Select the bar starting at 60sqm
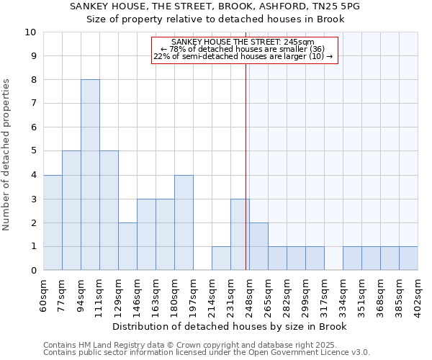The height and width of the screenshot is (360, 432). (53, 222)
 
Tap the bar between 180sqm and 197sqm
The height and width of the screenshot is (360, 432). (184, 222)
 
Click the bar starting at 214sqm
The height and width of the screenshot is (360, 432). (221, 258)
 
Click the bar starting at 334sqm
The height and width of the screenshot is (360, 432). (352, 258)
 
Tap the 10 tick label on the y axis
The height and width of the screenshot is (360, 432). (30, 32)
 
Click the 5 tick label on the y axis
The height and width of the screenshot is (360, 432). (33, 151)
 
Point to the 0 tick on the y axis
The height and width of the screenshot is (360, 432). (33, 271)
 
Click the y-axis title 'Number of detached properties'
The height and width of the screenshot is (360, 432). (7, 155)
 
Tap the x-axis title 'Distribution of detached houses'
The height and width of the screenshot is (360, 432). (230, 327)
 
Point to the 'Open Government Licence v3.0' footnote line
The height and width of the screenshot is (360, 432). (207, 353)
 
